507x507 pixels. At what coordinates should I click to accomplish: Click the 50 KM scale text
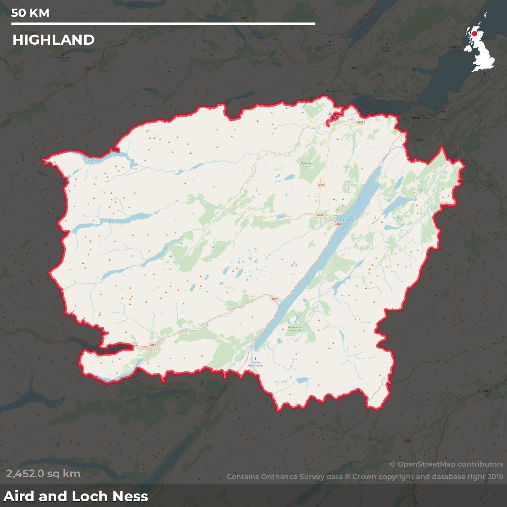[x=30, y=13]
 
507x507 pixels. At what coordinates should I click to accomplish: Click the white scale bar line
[x=163, y=24]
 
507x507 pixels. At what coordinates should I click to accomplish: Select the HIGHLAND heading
[x=54, y=40]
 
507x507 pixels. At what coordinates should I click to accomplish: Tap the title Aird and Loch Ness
[x=76, y=496]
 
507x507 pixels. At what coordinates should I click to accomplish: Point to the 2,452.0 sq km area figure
[x=43, y=474]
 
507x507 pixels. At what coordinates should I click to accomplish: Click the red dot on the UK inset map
[x=474, y=34]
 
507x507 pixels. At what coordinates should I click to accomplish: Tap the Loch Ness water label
[x=347, y=219]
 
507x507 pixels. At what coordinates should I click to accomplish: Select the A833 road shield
[x=321, y=185]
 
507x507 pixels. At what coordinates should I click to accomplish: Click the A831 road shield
[x=320, y=215]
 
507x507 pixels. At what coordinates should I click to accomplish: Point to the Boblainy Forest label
[x=306, y=165]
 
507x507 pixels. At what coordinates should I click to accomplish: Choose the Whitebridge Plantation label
[x=295, y=329]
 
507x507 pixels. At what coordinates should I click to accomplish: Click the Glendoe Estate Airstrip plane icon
[x=255, y=359]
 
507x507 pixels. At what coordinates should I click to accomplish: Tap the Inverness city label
[x=420, y=118]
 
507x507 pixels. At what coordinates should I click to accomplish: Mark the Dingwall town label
[x=345, y=37]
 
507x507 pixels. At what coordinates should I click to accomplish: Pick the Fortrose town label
[x=455, y=47]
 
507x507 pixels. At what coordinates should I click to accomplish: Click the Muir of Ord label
[x=335, y=91]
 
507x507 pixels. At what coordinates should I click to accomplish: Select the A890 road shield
[x=88, y=68]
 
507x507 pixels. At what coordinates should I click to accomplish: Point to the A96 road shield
[x=442, y=111]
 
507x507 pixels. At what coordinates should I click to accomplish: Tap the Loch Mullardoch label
[x=112, y=221]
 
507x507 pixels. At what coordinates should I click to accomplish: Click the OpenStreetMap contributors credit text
[x=446, y=464]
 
